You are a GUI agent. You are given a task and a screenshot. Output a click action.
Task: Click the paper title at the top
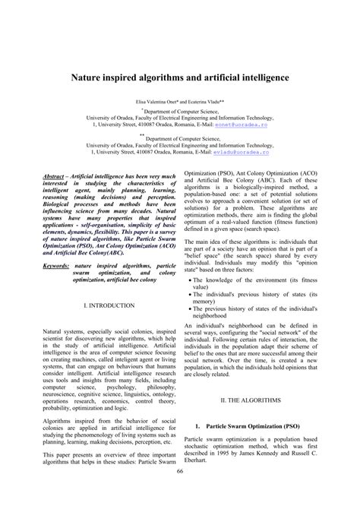[179, 77]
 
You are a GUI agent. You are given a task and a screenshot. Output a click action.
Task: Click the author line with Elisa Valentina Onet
[179, 100]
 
